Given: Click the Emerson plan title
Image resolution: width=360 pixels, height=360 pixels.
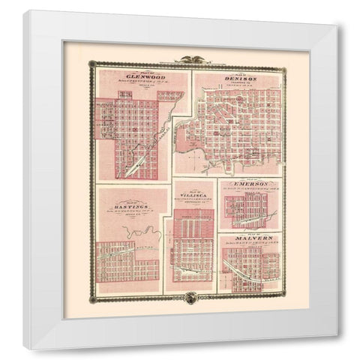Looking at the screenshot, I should click(250, 183).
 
